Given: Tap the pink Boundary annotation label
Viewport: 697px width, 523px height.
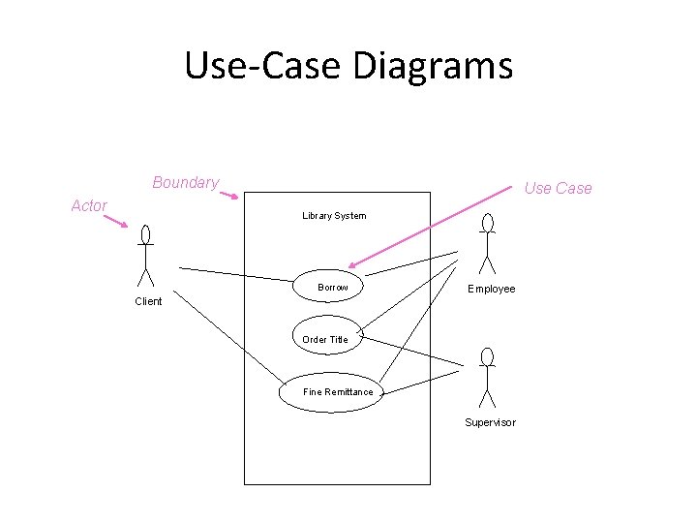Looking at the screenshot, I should coord(185,183).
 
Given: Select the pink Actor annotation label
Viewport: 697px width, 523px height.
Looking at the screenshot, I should coord(89,205).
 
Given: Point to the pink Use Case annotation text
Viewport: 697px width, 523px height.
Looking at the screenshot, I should coord(558,188).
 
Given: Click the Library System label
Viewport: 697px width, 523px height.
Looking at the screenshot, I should coord(334,215).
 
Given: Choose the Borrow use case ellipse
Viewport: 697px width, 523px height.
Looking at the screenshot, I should coord(333,287).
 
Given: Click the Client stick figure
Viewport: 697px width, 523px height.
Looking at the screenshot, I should coord(145,257).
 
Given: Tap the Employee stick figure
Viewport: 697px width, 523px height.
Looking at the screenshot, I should coord(488,245).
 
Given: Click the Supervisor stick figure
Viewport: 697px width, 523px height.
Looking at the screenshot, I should coord(488,379).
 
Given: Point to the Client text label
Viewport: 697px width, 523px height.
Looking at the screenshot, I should coord(148,301).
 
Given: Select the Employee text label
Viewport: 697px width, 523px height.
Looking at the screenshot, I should coord(492,289).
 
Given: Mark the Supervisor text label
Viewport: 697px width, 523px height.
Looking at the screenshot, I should coord(490,422).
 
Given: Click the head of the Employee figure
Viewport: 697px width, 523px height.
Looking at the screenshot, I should coord(488,225).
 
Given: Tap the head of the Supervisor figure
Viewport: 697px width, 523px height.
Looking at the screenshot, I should coord(488,356).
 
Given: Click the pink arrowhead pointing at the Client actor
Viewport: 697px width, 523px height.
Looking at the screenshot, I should coord(123,226).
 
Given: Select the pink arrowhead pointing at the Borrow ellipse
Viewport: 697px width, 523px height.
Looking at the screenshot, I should coord(354,264).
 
